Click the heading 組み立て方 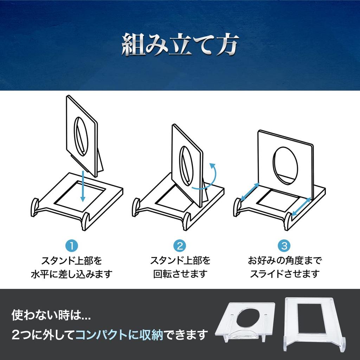[180, 45]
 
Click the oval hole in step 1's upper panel [80, 136]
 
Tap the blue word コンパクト [101, 335]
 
